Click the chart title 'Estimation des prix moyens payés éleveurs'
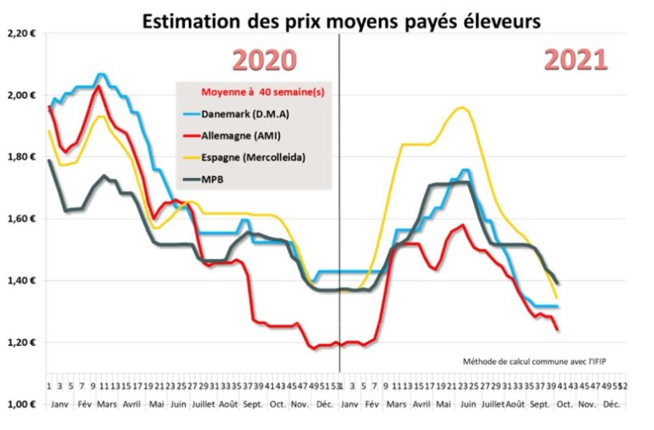click(341, 22)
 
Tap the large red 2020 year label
click(264, 61)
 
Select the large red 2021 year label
click(577, 60)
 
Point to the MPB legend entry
click(213, 179)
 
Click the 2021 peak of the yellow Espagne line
click(461, 107)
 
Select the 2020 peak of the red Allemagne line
click(98, 86)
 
